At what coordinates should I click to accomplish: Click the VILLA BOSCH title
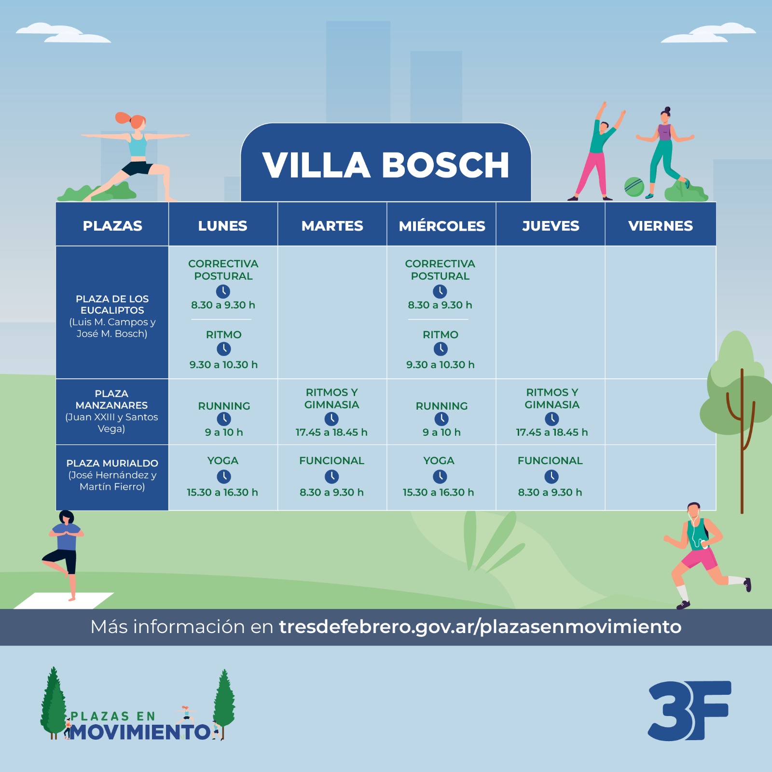[386, 165]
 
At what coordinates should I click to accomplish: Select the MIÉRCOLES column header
[442, 225]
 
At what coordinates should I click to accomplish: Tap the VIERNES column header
[661, 226]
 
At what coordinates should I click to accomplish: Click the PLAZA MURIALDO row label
[112, 475]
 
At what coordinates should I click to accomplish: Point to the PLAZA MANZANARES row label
[111, 411]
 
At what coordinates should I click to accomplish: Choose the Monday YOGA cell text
[223, 461]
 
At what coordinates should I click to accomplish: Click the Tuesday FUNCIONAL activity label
[331, 461]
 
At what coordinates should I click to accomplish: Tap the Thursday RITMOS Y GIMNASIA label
[552, 399]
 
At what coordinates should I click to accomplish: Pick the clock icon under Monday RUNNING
[224, 419]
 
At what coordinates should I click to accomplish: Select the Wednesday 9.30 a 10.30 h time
[441, 365]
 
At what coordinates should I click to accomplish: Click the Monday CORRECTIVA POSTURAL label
[223, 270]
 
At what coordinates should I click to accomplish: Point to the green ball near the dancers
[634, 187]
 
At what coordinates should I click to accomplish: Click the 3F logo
[689, 711]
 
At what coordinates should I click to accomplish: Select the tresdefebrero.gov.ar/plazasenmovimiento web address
[480, 627]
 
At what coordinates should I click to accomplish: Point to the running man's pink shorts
[700, 558]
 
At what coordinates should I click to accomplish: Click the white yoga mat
[64, 601]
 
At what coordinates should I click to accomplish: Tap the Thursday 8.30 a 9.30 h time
[550, 493]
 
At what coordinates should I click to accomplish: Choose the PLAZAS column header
[112, 226]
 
